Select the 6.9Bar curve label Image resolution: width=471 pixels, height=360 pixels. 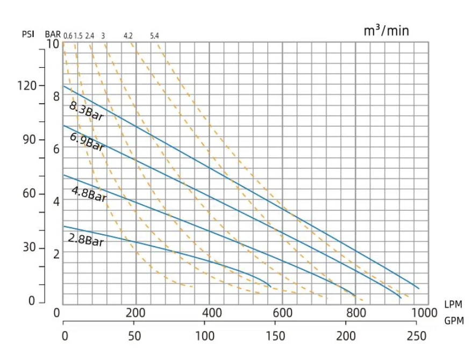click(87, 141)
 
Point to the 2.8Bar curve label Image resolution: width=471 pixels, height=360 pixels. click(86, 240)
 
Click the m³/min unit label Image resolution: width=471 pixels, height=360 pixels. click(386, 31)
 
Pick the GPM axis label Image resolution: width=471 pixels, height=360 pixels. click(454, 321)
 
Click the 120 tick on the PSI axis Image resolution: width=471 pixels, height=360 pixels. click(28, 86)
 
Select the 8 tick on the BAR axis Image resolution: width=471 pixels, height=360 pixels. click(56, 96)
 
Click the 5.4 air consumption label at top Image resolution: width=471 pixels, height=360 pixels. click(154, 36)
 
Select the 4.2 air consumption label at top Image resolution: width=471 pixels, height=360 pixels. click(128, 36)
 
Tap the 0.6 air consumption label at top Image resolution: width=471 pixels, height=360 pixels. click(68, 36)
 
